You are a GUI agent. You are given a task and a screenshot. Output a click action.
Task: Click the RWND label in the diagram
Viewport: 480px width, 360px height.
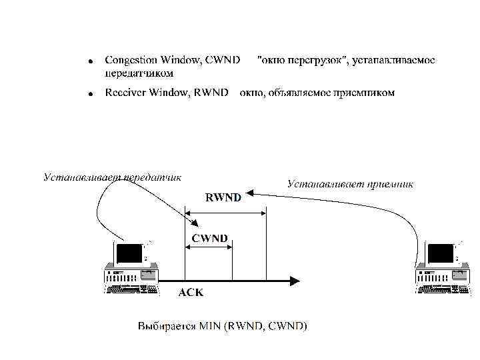pos(223,197)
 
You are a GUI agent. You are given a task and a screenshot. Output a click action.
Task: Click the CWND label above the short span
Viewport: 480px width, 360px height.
pos(209,238)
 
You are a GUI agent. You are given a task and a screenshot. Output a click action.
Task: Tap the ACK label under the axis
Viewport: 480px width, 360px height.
pos(191,292)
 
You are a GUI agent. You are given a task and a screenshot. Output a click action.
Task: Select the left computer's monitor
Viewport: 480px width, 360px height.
pos(129,254)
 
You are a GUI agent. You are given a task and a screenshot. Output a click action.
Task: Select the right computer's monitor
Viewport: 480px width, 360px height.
pos(441,254)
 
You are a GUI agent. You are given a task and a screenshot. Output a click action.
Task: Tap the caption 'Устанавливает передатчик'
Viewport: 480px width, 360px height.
pos(112,177)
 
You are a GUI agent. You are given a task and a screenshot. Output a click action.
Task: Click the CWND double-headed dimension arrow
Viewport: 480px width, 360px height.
pos(208,247)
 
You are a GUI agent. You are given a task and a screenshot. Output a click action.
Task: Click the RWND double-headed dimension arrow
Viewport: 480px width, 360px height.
pos(225,213)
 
